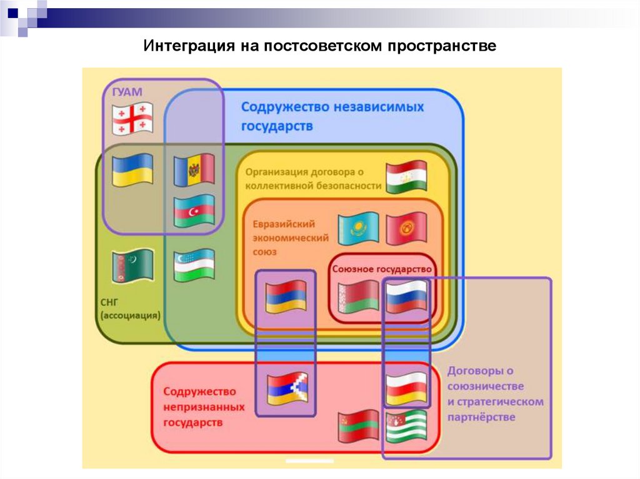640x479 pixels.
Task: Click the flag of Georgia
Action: coord(132,119)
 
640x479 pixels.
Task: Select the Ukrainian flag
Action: coord(132,170)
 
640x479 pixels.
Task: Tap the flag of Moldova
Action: coord(194,170)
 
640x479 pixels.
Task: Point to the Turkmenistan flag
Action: coord(132,265)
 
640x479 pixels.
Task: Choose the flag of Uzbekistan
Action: coord(194,265)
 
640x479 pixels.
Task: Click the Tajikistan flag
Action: coord(406,177)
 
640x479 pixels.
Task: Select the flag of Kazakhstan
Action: coord(359,229)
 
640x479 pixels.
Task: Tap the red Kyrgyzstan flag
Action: coord(406,229)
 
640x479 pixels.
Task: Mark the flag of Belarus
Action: coord(359,296)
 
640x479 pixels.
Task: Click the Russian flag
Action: coord(406,296)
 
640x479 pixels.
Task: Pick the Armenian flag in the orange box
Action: coord(286,296)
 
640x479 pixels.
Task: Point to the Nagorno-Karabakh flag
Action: coord(286,388)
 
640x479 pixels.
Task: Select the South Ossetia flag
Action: coord(406,388)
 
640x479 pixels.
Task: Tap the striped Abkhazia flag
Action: coord(406,427)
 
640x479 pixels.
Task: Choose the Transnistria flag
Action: coord(358,427)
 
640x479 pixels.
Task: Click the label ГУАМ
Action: coord(127,92)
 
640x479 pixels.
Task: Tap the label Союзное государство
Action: coord(382,269)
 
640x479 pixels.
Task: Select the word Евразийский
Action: coord(284,224)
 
